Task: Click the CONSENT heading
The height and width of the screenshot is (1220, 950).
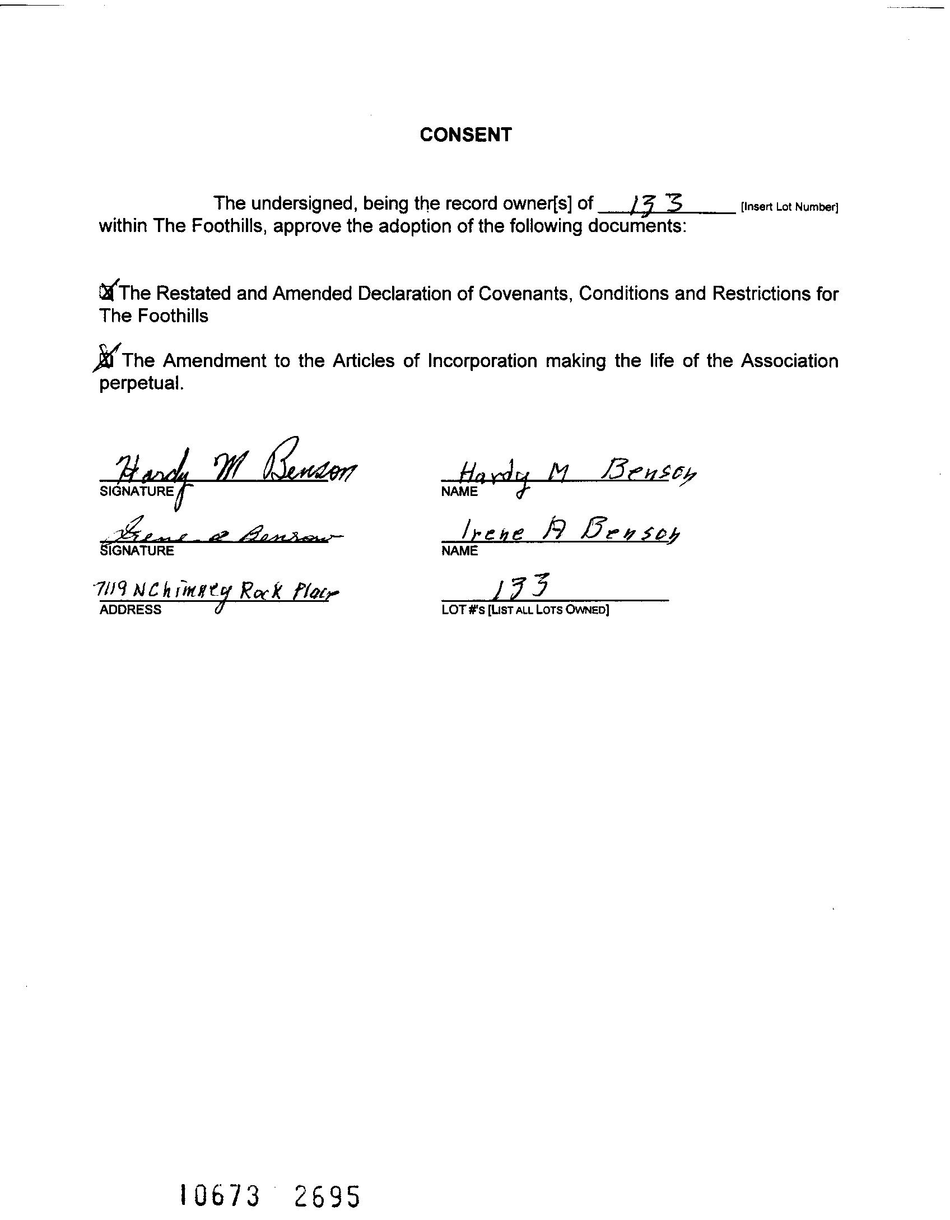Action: point(465,135)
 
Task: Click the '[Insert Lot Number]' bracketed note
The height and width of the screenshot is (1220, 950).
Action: point(789,207)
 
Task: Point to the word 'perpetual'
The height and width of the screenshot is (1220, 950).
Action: point(140,383)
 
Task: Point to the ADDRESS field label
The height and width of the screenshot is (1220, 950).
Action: point(130,610)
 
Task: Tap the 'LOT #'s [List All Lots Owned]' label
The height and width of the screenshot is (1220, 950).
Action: point(525,610)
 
